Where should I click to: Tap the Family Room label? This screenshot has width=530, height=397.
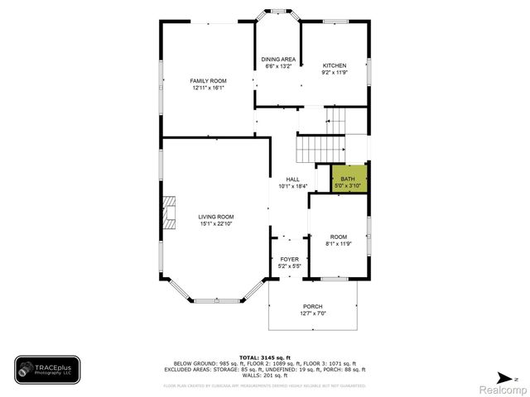point(208,80)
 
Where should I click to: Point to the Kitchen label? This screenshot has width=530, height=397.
point(334,65)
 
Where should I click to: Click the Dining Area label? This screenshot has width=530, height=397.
point(278,60)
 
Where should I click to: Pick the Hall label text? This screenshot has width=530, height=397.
point(292,179)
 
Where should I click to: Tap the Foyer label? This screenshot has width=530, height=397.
point(288,260)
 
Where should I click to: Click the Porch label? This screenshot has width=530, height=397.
point(312,306)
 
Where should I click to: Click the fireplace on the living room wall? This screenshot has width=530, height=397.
point(169,212)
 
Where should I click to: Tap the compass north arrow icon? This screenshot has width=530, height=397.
point(514,377)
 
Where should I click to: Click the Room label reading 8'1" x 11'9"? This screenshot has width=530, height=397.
point(338,237)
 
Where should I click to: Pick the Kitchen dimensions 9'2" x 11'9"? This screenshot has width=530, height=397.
point(334,73)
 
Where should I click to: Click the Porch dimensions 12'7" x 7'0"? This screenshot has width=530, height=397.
point(312,313)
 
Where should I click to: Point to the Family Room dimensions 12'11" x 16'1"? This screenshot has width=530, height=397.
point(208,88)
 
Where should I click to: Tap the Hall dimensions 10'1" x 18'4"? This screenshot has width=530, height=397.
point(292,186)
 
